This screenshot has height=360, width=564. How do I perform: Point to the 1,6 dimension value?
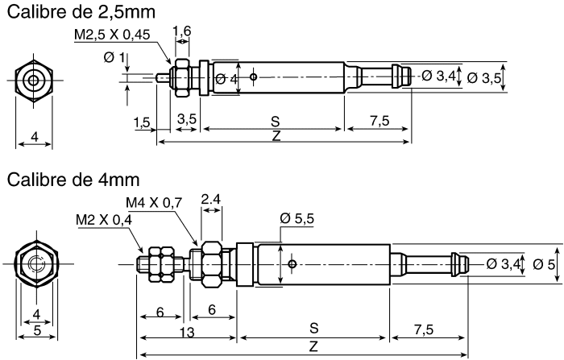pyautogui.click(x=183, y=31)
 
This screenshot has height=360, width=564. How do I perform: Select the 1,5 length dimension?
pyautogui.click(x=142, y=122)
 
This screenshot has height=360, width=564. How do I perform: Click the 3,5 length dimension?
pyautogui.click(x=186, y=119)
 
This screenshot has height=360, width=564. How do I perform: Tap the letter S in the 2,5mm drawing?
pyautogui.click(x=276, y=121)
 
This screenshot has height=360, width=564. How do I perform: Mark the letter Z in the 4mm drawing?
pyautogui.click(x=313, y=345)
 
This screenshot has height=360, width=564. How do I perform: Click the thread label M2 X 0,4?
pyautogui.click(x=105, y=219)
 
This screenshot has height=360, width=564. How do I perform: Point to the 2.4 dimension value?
pyautogui.click(x=211, y=198)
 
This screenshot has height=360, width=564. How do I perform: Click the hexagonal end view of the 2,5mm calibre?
pyautogui.click(x=34, y=81)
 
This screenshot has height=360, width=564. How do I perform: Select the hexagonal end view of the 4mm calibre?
pyautogui.click(x=34, y=264)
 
